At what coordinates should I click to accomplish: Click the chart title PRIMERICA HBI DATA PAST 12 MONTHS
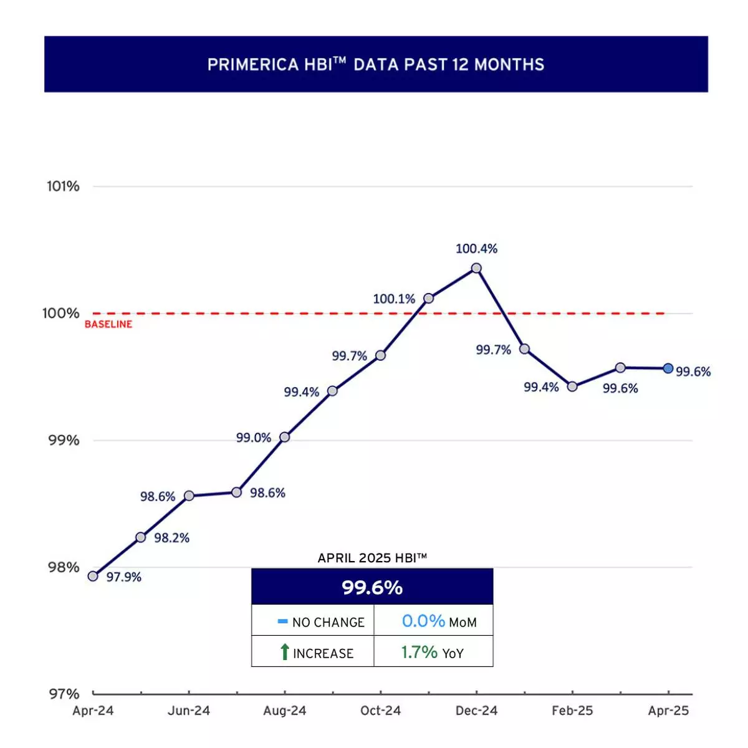coord(376,64)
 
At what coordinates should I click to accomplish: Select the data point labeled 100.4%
coord(476,268)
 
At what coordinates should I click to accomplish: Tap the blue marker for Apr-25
coord(668,368)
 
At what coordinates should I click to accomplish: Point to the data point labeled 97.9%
coord(93,576)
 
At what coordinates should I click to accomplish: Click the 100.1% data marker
coord(428,299)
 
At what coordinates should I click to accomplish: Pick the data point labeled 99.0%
coord(284,437)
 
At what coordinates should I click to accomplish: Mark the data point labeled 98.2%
coord(141,537)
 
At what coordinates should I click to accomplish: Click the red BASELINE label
coord(108,324)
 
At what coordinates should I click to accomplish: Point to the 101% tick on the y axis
coord(64,186)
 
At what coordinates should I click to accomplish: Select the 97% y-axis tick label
coord(64,694)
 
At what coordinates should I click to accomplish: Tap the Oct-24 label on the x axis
coord(380,711)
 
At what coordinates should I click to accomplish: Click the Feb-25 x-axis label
coord(572,711)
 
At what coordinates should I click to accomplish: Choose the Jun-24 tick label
coord(189,711)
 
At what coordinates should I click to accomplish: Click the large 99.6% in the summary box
coord(372,587)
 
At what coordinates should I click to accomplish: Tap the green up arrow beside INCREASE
coord(284,652)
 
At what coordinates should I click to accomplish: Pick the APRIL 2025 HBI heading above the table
coord(372,558)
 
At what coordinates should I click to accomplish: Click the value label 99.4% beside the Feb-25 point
coord(541,387)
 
